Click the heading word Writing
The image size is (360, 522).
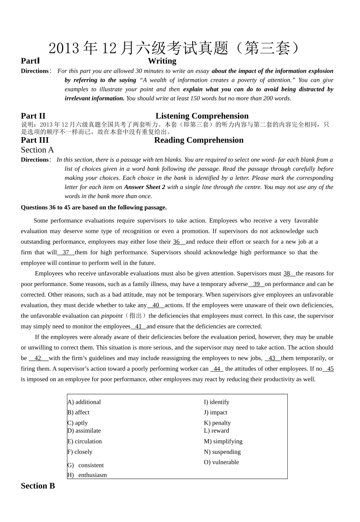[x=162, y=61]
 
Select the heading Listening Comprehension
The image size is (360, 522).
[x=202, y=116]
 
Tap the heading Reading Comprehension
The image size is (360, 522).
[x=199, y=140]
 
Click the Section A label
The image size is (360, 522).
[x=38, y=150]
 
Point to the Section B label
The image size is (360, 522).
[x=38, y=486]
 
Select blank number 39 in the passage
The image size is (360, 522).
[x=257, y=284]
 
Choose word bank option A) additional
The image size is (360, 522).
[x=84, y=402]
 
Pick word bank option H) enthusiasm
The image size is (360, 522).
[x=87, y=475]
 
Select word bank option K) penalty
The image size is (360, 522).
[x=217, y=423]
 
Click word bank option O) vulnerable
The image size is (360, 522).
[x=221, y=462]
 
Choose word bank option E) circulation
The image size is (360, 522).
[x=85, y=441]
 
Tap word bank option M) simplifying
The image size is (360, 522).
[x=223, y=441]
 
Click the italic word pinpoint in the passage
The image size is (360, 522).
[x=112, y=316]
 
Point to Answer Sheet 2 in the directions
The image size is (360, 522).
[x=145, y=187]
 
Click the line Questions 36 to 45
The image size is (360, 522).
[x=94, y=208]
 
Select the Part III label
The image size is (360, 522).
[x=35, y=140]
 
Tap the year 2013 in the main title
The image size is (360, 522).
[x=64, y=48]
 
